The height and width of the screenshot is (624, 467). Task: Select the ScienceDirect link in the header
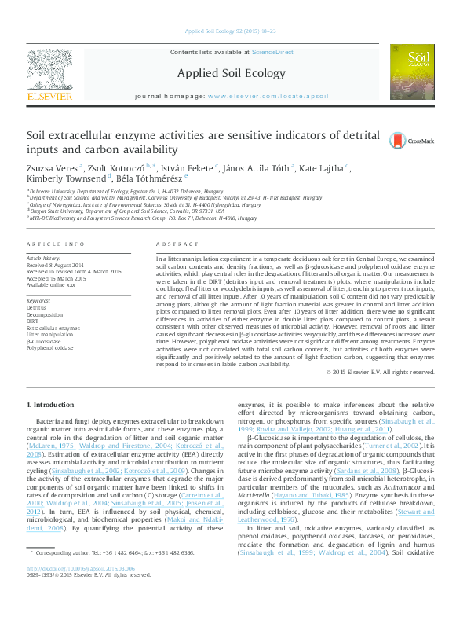coord(272,52)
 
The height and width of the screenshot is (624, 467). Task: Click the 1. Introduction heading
coord(51,404)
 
